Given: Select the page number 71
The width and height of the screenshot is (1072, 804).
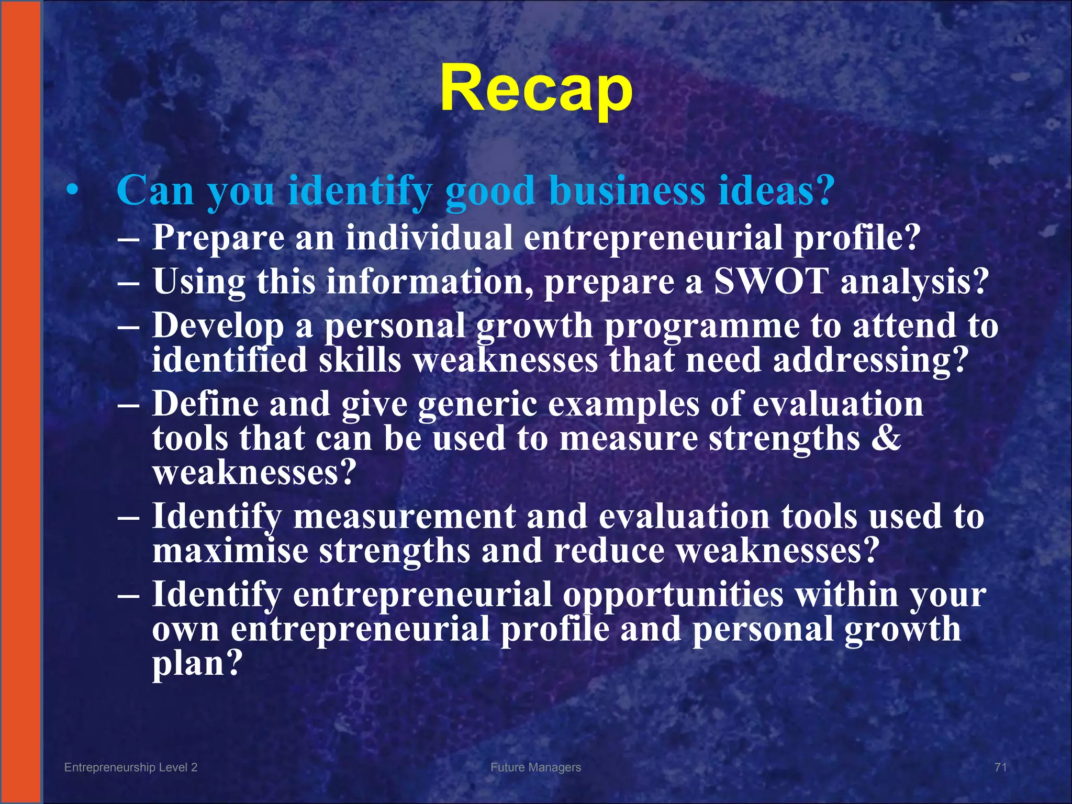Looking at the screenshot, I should (x=1000, y=767).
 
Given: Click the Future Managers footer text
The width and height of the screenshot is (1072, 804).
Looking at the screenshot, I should (x=535, y=767).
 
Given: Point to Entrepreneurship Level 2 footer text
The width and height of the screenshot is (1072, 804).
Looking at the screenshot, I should (x=131, y=767).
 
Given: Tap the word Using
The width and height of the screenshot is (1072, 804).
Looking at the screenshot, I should (x=199, y=282).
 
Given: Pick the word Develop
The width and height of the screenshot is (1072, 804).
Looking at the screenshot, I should (x=218, y=326).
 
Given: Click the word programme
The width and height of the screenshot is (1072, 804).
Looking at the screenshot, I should (x=701, y=326).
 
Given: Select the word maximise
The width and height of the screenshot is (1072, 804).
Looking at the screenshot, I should (x=230, y=551).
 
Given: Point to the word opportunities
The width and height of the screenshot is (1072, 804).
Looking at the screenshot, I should (x=673, y=595).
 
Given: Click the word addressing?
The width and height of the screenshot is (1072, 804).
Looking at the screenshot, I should (x=869, y=361).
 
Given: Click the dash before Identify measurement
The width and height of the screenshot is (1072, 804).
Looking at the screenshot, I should (x=129, y=517).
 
